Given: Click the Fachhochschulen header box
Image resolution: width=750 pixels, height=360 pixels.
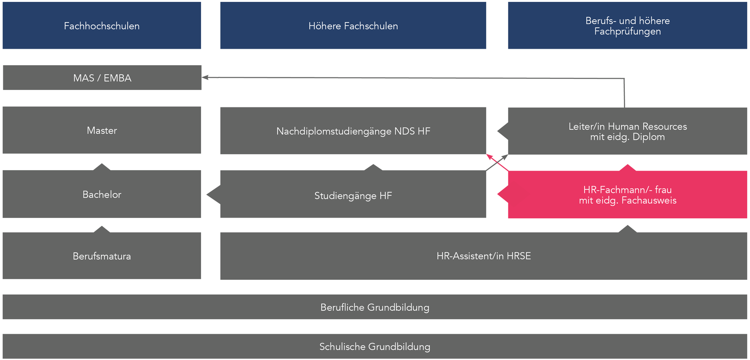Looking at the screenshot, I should coord(102,26).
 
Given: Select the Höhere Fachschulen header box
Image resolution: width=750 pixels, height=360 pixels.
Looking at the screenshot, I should coord(353,26).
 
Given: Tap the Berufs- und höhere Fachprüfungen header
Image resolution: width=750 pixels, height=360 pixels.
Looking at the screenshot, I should coord(627,26).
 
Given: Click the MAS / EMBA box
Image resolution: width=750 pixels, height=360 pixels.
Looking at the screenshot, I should coord(102,78).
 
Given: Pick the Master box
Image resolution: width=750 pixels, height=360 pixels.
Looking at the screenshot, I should coord(102,130).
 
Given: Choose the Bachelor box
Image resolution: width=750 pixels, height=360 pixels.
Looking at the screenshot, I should coord(102,194).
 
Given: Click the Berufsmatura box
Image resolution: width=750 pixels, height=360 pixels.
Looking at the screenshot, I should coord(102,256).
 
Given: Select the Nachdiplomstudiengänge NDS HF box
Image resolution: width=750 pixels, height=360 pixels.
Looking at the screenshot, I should coord(353,131).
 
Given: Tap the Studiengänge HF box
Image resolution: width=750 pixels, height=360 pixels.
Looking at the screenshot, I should coord(353,195).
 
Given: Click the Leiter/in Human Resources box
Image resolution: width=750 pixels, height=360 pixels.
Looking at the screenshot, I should coord(627,132).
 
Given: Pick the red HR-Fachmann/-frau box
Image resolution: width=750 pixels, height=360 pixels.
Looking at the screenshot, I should coord(627,195).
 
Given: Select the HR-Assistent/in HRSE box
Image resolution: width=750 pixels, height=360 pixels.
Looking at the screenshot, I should coord(483,256).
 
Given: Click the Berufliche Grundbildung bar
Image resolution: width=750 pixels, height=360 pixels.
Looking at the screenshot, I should coord(375,307).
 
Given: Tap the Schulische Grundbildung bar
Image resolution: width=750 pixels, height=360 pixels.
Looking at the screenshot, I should coord(375,346).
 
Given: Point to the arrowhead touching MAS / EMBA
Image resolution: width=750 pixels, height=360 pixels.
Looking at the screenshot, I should coord(205,77).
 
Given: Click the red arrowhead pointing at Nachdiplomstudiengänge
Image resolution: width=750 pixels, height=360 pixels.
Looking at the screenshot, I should coord(488,156).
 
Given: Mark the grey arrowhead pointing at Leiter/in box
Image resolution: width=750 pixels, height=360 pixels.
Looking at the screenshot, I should coord(505,157).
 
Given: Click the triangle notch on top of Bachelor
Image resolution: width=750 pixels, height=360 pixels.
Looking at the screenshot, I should coord(102,167).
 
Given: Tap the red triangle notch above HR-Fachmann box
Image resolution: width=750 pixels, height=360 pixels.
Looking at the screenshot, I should coord(627,167).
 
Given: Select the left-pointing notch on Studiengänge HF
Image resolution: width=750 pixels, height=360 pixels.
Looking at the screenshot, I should coord(213,195).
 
